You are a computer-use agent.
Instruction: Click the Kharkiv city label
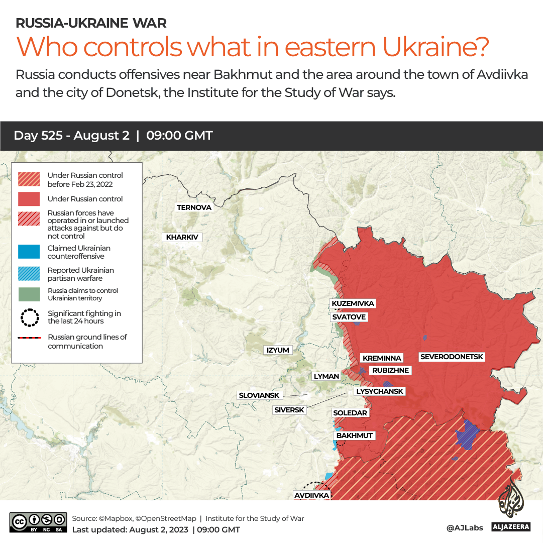click(x=182, y=237)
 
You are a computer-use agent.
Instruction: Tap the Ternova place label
click(x=194, y=207)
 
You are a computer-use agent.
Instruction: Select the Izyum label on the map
click(x=278, y=350)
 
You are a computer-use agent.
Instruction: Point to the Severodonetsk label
click(x=452, y=357)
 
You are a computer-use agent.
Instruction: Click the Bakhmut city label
click(x=355, y=436)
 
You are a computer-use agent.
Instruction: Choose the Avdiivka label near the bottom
click(x=311, y=495)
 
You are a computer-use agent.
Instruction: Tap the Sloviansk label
click(x=259, y=395)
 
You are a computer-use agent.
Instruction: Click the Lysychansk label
click(x=380, y=391)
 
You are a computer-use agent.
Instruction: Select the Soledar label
click(x=351, y=413)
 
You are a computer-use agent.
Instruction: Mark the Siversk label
click(x=289, y=410)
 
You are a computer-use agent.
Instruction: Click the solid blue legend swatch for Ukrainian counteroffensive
click(x=29, y=252)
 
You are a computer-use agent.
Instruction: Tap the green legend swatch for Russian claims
click(x=29, y=294)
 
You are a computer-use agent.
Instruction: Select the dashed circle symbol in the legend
click(x=29, y=317)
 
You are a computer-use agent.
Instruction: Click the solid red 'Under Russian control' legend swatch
click(x=29, y=199)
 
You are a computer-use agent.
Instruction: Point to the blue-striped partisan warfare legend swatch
click(x=29, y=274)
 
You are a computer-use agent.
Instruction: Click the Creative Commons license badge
click(x=38, y=522)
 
